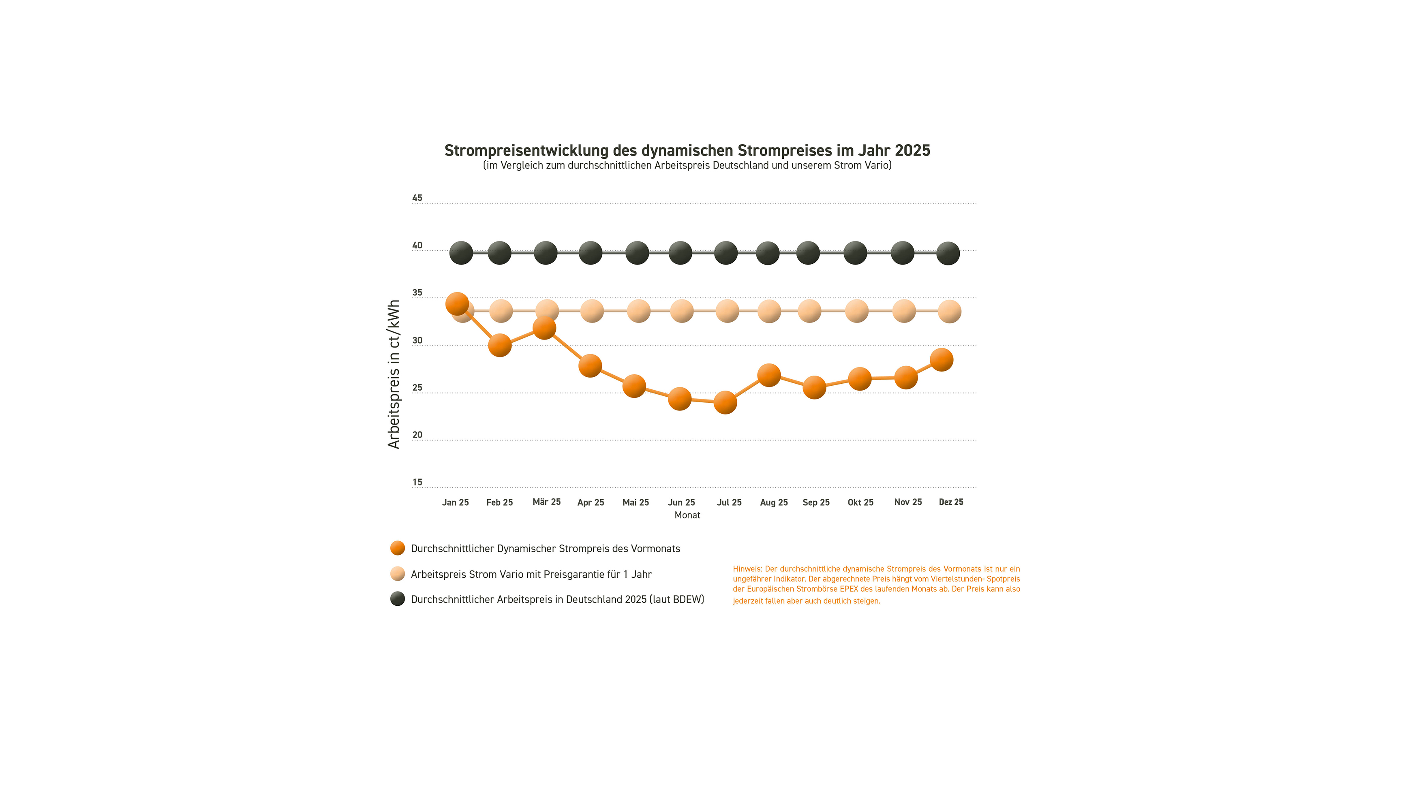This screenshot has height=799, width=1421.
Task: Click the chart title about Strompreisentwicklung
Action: click(687, 151)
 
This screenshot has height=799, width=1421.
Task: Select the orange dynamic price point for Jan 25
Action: click(457, 303)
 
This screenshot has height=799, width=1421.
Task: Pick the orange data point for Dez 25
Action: click(941, 359)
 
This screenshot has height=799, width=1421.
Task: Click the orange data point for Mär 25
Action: click(544, 328)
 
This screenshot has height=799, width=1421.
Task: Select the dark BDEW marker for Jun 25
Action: click(680, 253)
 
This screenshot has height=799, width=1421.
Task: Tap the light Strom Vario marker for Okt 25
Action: click(857, 311)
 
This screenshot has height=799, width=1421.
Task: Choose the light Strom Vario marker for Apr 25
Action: click(592, 311)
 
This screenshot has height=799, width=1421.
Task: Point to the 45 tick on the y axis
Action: click(417, 198)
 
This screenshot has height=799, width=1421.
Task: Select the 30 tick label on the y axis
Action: click(417, 341)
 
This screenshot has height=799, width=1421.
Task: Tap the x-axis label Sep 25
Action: click(816, 502)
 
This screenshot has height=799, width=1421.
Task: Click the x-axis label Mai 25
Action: click(636, 502)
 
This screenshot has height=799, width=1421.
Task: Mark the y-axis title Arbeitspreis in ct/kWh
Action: click(393, 374)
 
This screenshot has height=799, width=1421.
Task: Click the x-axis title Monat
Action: click(687, 515)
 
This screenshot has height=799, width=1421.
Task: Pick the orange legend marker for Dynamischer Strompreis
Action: click(397, 548)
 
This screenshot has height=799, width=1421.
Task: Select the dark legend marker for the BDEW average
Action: click(397, 599)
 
